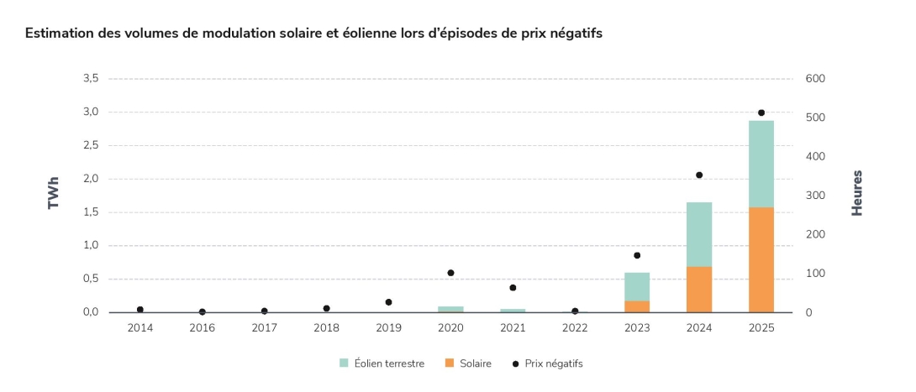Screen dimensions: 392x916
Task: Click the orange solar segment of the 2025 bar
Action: pos(761,259)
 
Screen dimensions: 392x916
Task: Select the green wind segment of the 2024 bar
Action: pos(699,234)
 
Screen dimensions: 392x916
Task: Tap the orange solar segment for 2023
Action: pos(637,306)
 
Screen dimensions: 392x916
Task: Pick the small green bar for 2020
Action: pos(450,309)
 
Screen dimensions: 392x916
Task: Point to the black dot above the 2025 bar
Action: pos(761,112)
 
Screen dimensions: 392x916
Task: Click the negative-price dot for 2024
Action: pos(699,175)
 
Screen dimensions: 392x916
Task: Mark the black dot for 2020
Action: pos(450,273)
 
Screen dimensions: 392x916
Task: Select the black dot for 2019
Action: pos(388,302)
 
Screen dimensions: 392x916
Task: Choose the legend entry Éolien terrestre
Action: pos(382,363)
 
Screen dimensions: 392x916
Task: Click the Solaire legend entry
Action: pos(468,363)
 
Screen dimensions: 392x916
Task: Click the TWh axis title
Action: pos(54,196)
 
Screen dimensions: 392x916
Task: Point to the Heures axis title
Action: pos(857,194)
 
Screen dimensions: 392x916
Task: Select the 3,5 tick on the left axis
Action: pos(91,79)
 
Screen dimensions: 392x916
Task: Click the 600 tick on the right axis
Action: pos(816,79)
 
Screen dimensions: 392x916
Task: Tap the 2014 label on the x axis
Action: pos(140,327)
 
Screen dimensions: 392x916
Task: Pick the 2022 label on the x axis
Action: pos(575,327)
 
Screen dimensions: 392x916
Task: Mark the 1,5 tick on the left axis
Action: pos(91,212)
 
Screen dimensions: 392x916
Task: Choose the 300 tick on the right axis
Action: pos(816,196)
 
